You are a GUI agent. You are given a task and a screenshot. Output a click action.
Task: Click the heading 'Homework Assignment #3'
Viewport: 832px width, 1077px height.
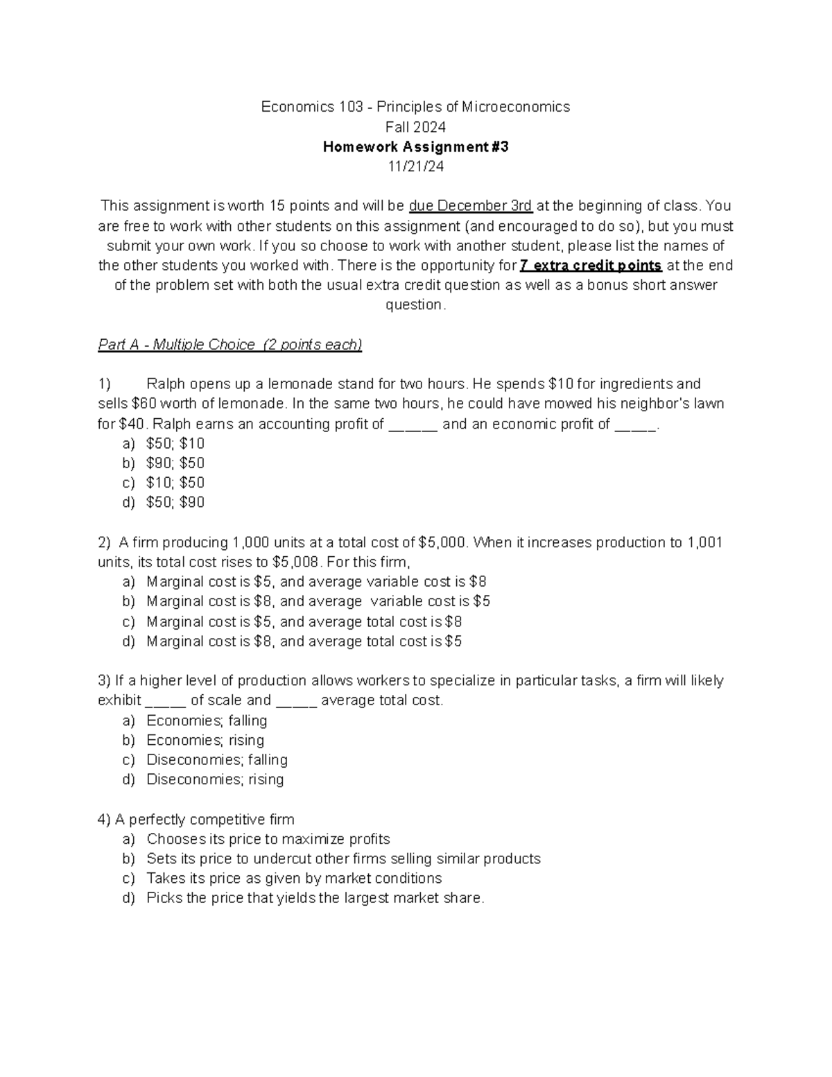[415, 147]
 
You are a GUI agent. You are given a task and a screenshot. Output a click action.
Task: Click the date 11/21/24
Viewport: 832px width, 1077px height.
[415, 166]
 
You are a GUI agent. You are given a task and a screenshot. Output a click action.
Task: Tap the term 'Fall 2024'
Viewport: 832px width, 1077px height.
[415, 127]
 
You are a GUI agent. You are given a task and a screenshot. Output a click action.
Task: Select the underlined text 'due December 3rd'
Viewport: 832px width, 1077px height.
[471, 206]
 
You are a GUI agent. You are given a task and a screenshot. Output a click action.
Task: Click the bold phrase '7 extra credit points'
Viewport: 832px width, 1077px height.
[591, 266]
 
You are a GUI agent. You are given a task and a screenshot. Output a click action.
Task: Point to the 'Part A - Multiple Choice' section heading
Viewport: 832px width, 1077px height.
[230, 345]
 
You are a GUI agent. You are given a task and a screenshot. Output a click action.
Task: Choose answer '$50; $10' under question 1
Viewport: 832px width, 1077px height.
[175, 444]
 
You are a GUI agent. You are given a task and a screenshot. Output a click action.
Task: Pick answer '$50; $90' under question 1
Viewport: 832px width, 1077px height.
[175, 503]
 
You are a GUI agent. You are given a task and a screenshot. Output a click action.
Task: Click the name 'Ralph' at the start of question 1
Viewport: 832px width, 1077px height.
[166, 384]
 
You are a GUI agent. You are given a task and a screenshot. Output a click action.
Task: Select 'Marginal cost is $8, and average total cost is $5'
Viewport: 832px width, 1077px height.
[304, 641]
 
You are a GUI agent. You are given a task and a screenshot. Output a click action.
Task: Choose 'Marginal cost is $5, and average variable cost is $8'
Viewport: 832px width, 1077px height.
[316, 582]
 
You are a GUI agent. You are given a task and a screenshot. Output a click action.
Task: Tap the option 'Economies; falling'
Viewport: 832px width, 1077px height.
[207, 721]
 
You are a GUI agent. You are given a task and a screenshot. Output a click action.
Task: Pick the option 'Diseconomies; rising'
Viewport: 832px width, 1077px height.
[215, 779]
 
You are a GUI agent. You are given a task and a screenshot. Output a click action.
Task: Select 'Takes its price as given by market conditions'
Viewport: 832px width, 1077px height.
[294, 879]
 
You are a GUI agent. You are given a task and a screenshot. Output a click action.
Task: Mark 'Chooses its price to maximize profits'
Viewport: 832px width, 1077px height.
[268, 839]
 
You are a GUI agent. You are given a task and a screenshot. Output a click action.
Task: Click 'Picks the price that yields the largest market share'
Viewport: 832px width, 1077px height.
[315, 898]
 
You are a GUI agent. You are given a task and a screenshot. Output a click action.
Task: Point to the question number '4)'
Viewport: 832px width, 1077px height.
[105, 820]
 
